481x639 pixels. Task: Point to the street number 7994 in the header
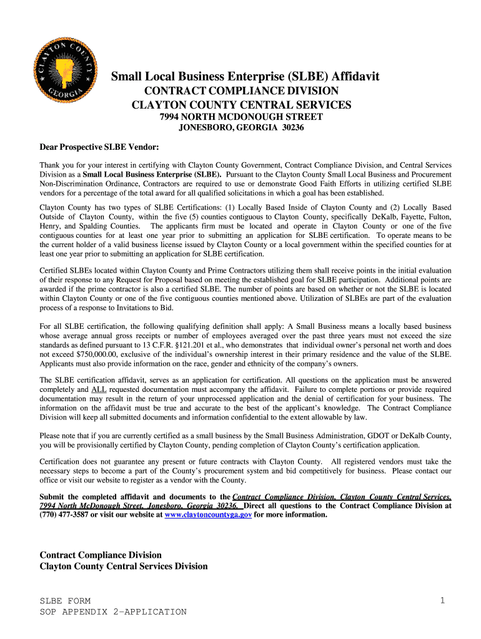coord(171,117)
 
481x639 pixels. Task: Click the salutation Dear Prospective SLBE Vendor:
coord(99,147)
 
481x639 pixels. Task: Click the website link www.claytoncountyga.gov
coord(207,515)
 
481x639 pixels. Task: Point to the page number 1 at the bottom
coord(442,600)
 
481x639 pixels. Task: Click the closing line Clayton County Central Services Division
coord(124,567)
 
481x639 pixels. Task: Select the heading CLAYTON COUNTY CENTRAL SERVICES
coord(241,105)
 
